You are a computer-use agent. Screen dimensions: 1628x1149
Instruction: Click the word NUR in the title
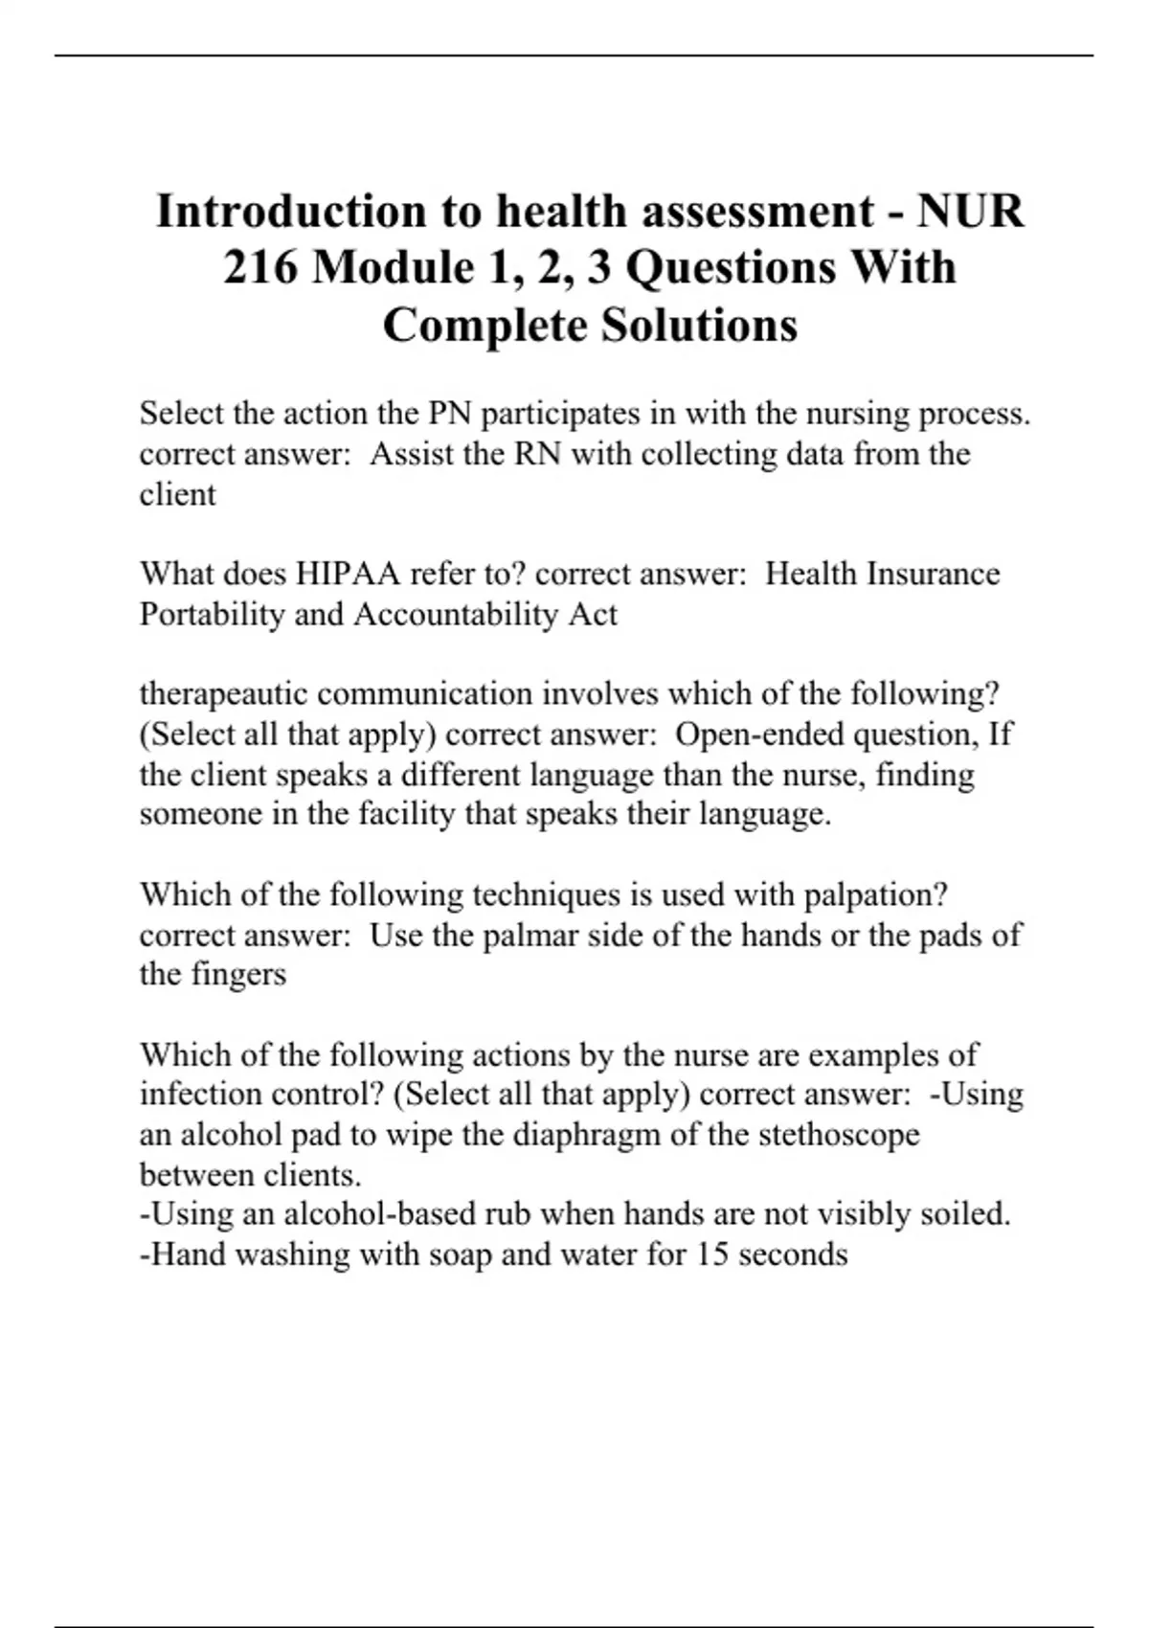[971, 212]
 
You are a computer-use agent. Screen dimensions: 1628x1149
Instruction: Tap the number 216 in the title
[259, 268]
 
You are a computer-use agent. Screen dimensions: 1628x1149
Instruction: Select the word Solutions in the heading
[699, 326]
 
